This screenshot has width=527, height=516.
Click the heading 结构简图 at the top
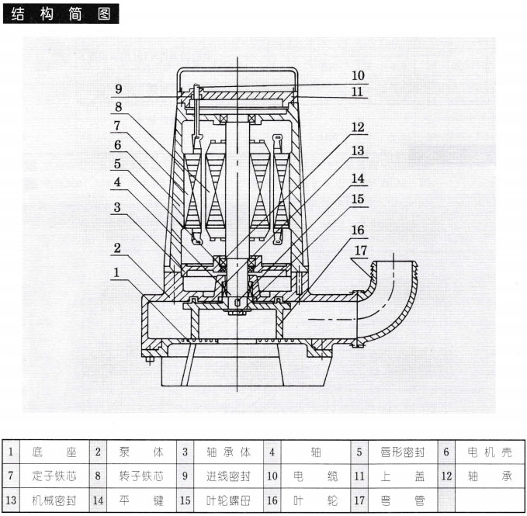pyautogui.click(x=61, y=14)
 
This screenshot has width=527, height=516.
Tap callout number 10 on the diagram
pyautogui.click(x=358, y=76)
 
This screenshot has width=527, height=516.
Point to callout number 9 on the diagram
pyautogui.click(x=119, y=88)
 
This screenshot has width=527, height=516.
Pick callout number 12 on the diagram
pyautogui.click(x=357, y=126)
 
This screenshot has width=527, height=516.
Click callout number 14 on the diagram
pyautogui.click(x=357, y=178)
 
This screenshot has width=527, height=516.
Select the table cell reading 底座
pyautogui.click(x=55, y=451)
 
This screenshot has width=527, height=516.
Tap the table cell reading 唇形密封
pyautogui.click(x=400, y=451)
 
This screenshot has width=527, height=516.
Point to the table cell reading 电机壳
pyautogui.click(x=487, y=451)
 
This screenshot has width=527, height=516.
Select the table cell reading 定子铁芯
pyautogui.click(x=55, y=475)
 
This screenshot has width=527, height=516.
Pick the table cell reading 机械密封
pyautogui.click(x=55, y=500)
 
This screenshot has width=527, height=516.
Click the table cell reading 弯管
pyautogui.click(x=400, y=500)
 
